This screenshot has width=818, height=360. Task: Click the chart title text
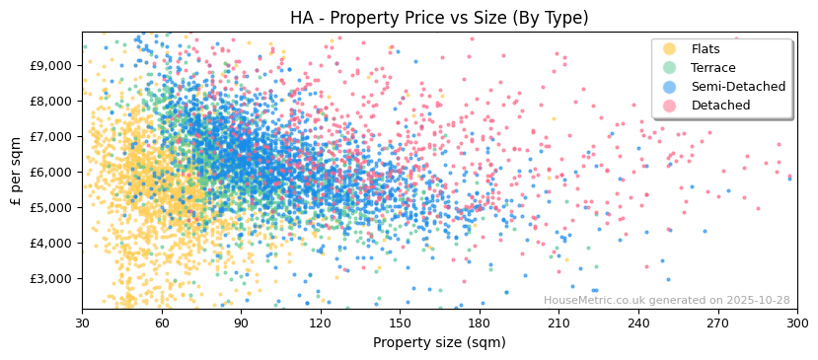pos(439,18)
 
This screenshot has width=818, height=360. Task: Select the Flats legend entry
pos(706,49)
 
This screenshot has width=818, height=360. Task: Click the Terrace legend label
pos(712,68)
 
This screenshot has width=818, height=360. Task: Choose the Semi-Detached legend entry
pos(738,87)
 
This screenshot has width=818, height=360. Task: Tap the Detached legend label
pos(720,106)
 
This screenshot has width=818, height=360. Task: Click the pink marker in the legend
pos(669,106)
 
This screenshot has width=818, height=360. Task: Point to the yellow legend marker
pos(669,49)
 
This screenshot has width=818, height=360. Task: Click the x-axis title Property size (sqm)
pos(439,343)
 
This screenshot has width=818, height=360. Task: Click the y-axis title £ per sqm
pos(16,171)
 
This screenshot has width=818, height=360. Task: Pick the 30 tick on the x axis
pos(82,323)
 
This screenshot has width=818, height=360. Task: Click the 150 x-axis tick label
pos(400,323)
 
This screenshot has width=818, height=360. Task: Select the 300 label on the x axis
pos(796,323)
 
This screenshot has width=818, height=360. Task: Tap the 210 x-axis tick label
pos(558,323)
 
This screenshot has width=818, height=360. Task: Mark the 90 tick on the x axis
pos(241,323)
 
